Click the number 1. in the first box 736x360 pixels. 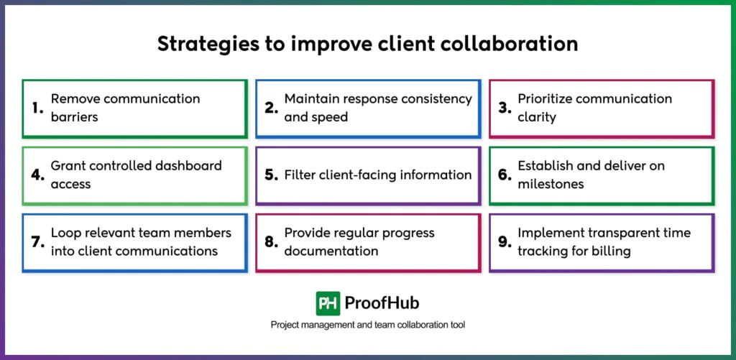pyautogui.click(x=38, y=108)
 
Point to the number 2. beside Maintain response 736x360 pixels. pyautogui.click(x=271, y=108)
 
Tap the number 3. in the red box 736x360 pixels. pyautogui.click(x=505, y=108)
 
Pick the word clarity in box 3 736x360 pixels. pyautogui.click(x=537, y=116)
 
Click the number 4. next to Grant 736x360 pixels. pyautogui.click(x=38, y=175)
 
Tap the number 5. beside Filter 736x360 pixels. pyautogui.click(x=271, y=175)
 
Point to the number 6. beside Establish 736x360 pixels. pyautogui.click(x=505, y=175)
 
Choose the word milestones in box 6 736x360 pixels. pyautogui.click(x=551, y=184)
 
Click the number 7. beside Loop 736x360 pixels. pyautogui.click(x=38, y=242)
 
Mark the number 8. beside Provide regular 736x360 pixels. pyautogui.click(x=271, y=242)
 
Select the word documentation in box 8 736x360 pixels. pyautogui.click(x=331, y=251)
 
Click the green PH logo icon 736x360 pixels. pyautogui.click(x=328, y=303)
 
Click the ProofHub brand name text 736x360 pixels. pyautogui.click(x=382, y=303)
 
